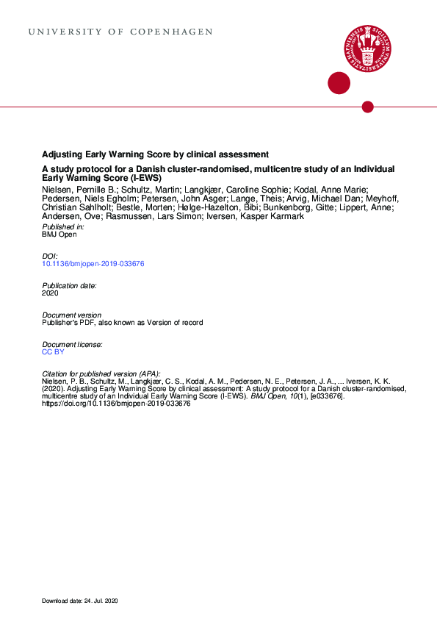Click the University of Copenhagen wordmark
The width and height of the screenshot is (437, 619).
(x=120, y=32)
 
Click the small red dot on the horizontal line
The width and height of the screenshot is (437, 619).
(x=368, y=107)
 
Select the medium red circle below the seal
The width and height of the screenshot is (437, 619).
(x=338, y=83)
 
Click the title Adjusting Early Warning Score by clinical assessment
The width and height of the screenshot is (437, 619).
(x=155, y=154)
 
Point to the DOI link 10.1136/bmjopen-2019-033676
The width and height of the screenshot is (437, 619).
(x=93, y=263)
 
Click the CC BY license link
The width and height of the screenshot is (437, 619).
(x=54, y=352)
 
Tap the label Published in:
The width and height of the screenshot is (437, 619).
(x=62, y=227)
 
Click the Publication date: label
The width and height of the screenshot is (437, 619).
(x=69, y=285)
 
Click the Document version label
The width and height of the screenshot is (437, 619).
(x=71, y=315)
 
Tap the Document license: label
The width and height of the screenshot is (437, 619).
(x=71, y=345)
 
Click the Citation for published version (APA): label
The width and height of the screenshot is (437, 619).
(x=101, y=374)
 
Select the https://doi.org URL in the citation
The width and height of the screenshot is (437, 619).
(x=116, y=404)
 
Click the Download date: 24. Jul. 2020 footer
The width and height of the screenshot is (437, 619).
(x=79, y=601)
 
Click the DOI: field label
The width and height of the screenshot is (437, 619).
(x=50, y=256)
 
